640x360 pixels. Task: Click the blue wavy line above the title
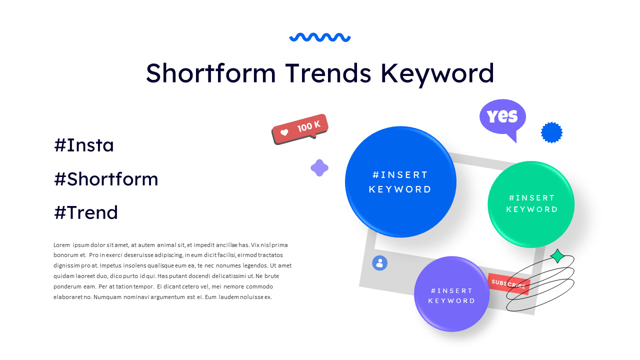coord(320,37)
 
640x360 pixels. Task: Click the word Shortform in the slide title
coord(210,73)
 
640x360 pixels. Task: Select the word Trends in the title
coord(328,73)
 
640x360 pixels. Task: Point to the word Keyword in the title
coord(437,73)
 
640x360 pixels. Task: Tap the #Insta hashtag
coord(84,145)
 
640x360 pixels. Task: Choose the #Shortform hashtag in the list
coord(106,179)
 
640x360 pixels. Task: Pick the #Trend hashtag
coord(86,212)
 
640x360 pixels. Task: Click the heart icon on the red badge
coord(284,133)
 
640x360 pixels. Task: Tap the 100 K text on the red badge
coord(308,126)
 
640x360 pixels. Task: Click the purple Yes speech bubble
coord(502,116)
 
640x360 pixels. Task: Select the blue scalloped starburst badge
coord(551,132)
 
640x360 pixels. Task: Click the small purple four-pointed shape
coord(319,168)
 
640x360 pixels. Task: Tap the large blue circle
coord(400,181)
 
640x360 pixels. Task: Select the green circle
coord(531,204)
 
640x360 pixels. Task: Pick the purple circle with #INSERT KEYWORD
coord(451,295)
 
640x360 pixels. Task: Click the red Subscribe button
coord(508,283)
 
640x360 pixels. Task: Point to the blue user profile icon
coord(379,263)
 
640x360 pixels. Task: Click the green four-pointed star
coord(557,256)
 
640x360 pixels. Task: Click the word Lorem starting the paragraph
coord(61,245)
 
